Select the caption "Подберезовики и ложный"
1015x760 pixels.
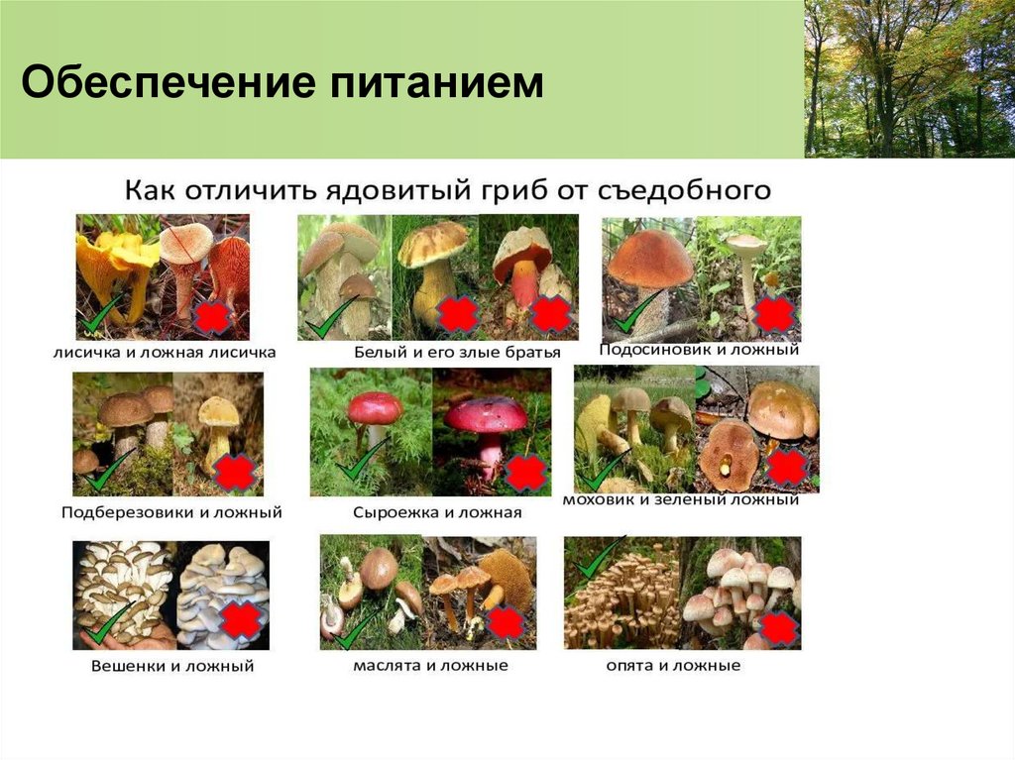(x=171, y=513)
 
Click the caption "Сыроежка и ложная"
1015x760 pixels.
(x=437, y=513)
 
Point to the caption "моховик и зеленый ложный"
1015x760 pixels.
(x=680, y=500)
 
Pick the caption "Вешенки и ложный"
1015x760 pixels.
(x=168, y=666)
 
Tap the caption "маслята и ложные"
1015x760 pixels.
(x=430, y=665)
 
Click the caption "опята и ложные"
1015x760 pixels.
(x=673, y=665)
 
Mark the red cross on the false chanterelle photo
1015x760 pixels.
(x=212, y=317)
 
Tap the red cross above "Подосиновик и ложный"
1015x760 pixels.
(x=773, y=313)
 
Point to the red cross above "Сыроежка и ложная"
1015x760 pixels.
(x=524, y=473)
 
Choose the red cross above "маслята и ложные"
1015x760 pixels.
(x=506, y=622)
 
